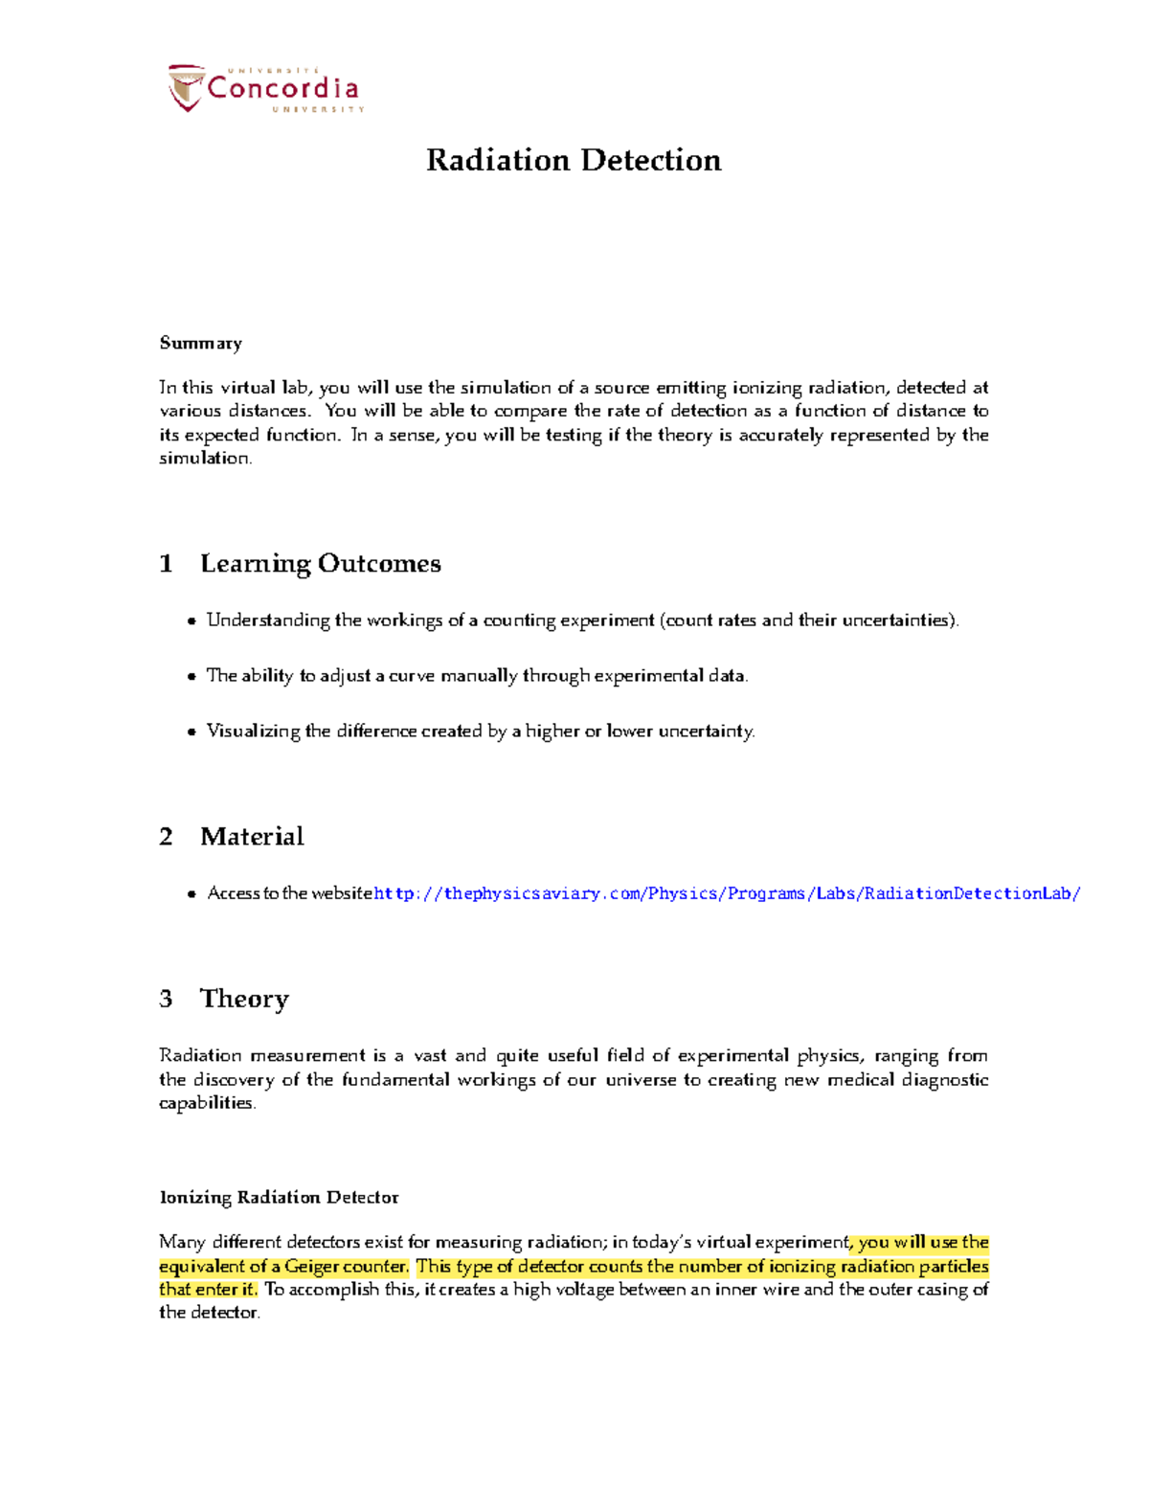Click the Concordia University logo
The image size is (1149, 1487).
[265, 89]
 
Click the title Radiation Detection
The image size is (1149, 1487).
[574, 160]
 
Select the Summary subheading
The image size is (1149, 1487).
[200, 343]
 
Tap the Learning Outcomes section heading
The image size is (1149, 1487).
[320, 563]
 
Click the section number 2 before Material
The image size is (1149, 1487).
[166, 837]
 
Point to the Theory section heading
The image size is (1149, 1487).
[244, 999]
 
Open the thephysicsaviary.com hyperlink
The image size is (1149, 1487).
[727, 893]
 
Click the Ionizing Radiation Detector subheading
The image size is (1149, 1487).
[279, 1197]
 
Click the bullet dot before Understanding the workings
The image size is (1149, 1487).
[191, 621]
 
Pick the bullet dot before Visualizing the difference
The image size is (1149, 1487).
[191, 732]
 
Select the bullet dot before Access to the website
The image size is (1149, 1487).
[191, 894]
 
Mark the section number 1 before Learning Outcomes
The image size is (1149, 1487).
[166, 564]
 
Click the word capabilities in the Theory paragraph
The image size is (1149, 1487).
[206, 1103]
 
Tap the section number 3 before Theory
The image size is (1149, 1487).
[166, 999]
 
